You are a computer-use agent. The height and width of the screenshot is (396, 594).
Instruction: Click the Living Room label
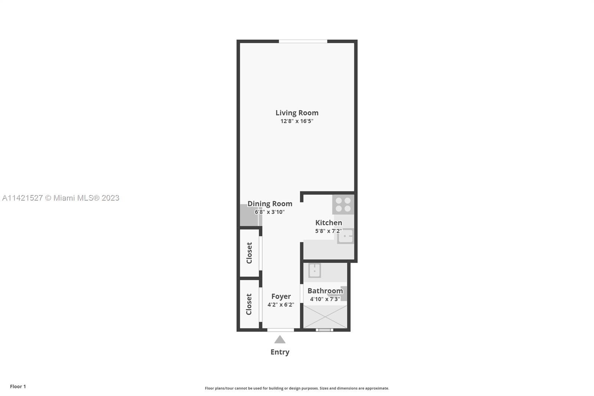coord(297,113)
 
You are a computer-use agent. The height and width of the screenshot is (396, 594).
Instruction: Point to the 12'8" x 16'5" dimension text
coord(297,121)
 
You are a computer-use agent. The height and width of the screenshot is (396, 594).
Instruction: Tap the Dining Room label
coord(270,204)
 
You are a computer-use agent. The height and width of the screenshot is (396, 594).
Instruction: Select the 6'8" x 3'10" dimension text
coord(270,212)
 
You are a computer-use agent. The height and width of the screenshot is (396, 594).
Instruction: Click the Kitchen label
coord(329,223)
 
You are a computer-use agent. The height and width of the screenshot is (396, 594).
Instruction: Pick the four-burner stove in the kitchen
coord(343,204)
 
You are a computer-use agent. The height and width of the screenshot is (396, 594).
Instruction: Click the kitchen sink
coord(345,236)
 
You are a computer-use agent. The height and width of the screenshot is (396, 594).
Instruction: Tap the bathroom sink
coord(314,270)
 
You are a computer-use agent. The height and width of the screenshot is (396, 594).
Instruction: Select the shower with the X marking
coord(325,317)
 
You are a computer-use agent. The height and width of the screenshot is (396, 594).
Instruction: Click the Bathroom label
coord(325,290)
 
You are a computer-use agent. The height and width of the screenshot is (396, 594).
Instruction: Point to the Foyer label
coord(281,296)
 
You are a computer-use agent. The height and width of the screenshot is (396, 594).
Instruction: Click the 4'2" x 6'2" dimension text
coord(281,305)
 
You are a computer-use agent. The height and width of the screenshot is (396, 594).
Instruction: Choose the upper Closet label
coord(249,253)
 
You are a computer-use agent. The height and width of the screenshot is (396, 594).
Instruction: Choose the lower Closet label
coord(249,304)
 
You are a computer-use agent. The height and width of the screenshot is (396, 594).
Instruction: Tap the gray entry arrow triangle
coord(280,340)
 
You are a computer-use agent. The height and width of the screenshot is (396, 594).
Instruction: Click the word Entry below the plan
coord(280,352)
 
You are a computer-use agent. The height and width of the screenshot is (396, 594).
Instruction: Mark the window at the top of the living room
coord(303,41)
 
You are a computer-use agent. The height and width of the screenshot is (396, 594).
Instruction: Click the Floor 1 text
coord(18,386)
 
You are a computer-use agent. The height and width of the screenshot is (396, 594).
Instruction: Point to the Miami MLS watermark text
coord(61,198)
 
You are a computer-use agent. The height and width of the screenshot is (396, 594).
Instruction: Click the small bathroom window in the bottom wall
coord(324,330)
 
